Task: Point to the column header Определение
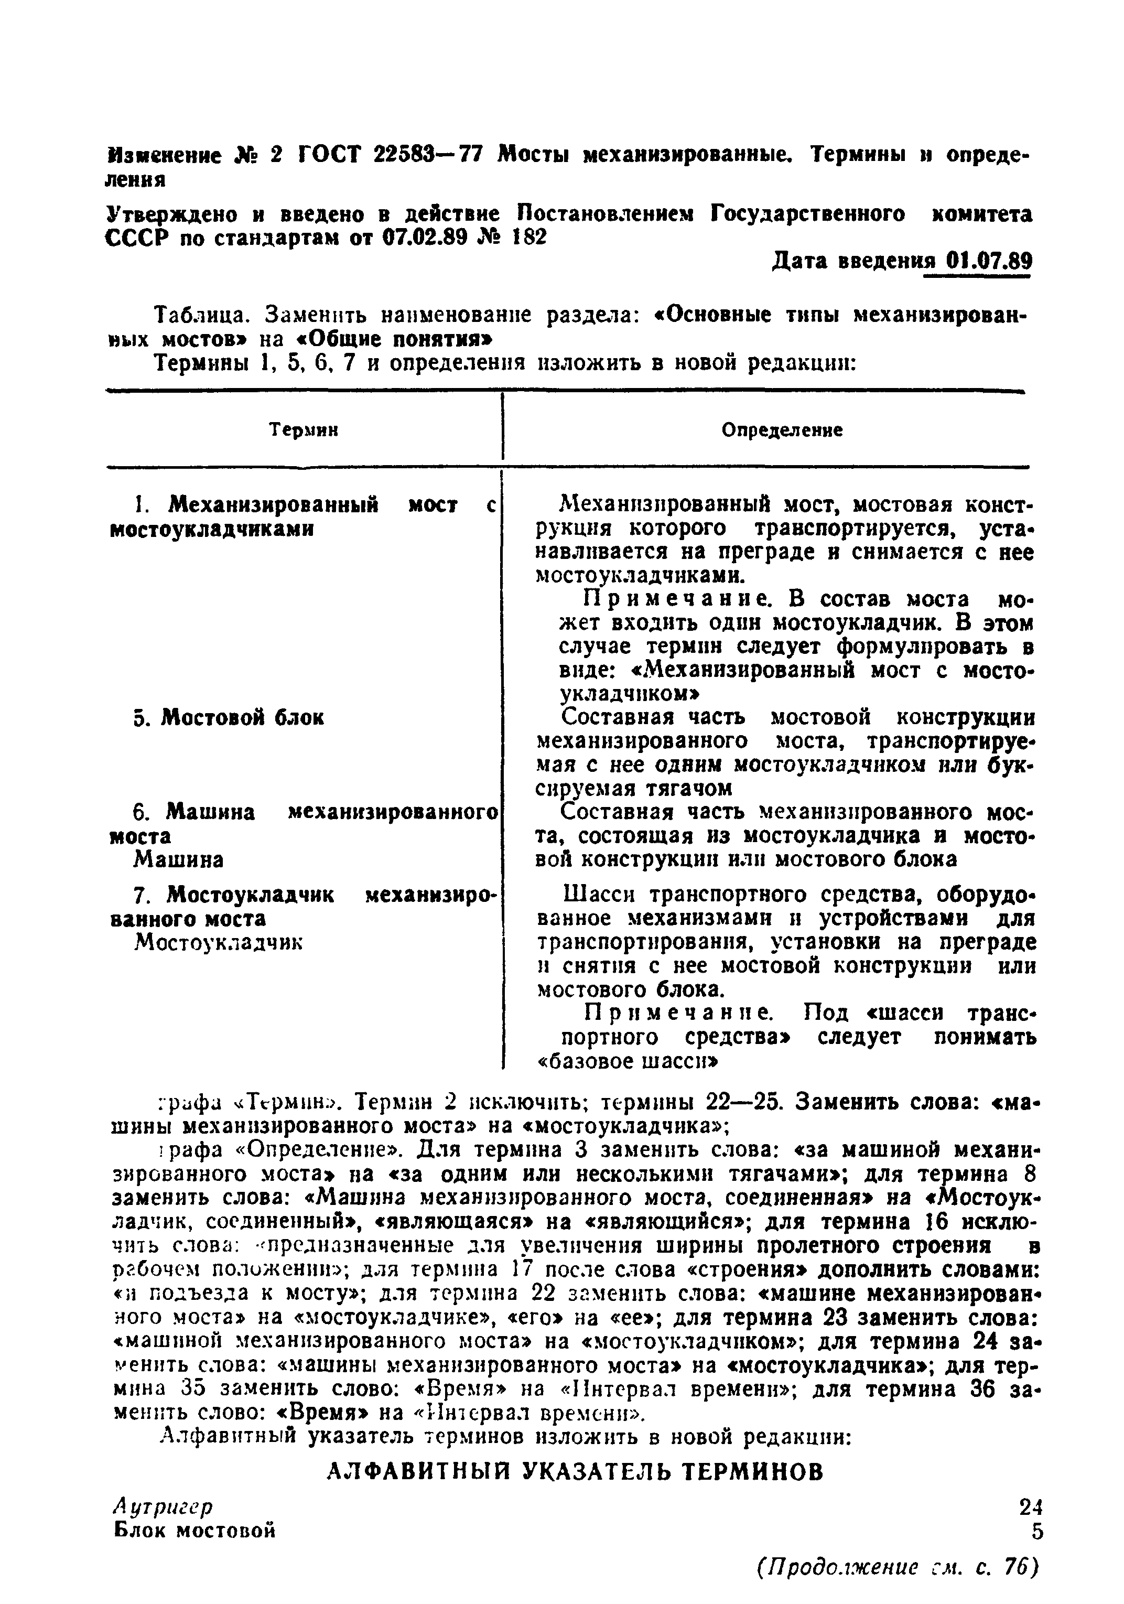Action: [782, 430]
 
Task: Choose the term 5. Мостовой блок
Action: [229, 717]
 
